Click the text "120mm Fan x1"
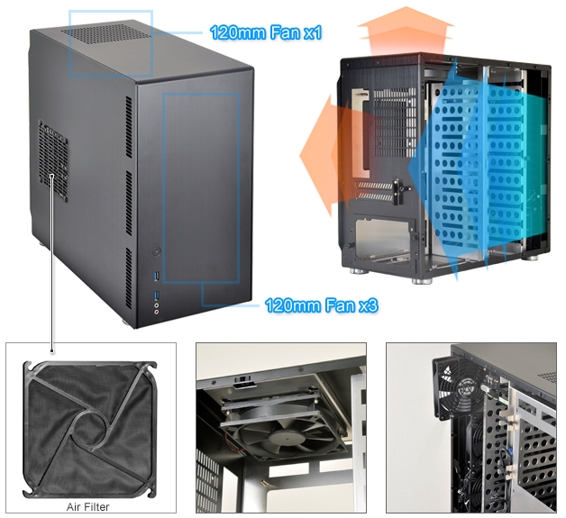point(265,32)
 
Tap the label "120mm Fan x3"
point(321,305)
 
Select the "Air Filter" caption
point(87,507)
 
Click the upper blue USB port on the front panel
point(156,277)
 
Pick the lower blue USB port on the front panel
point(156,295)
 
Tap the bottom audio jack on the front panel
point(156,313)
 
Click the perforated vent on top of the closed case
point(106,33)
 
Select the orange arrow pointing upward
point(406,31)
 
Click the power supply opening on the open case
point(384,238)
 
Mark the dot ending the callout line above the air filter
point(52,350)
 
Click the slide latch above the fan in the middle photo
point(245,382)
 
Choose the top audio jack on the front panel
point(156,305)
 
